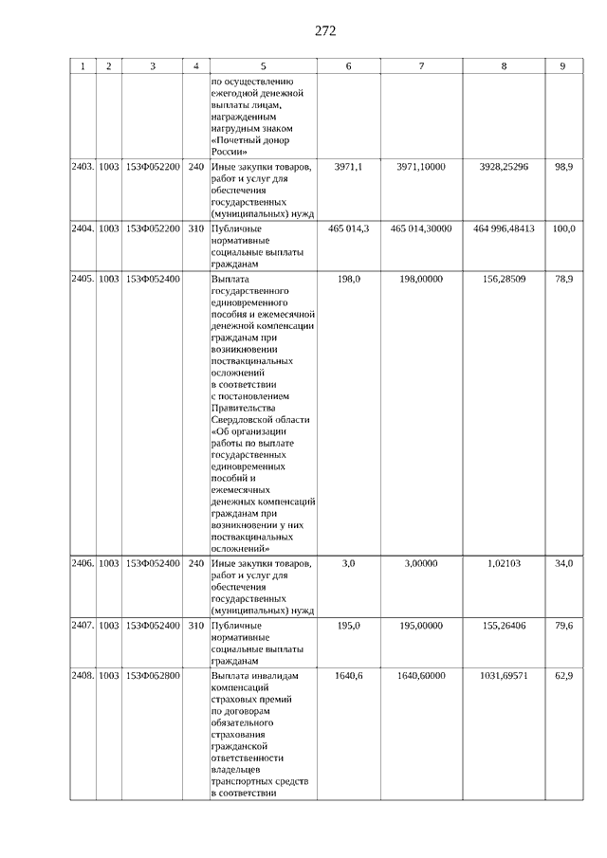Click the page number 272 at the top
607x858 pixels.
pos(325,30)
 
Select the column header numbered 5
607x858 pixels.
pos(263,66)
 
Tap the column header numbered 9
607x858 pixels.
pos(562,66)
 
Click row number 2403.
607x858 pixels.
pos(83,167)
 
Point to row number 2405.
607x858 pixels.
pos(83,280)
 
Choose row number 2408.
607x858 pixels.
pos(83,675)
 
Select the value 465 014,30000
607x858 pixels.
pos(421,228)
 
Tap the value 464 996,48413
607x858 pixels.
pos(504,228)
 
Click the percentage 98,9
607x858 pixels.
pos(563,167)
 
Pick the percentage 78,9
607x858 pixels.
pos(563,280)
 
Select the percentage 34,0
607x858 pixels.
pos(563,563)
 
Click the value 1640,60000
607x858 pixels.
pos(421,675)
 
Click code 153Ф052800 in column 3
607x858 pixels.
pos(153,675)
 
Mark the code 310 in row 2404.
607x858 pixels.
pos(196,228)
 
